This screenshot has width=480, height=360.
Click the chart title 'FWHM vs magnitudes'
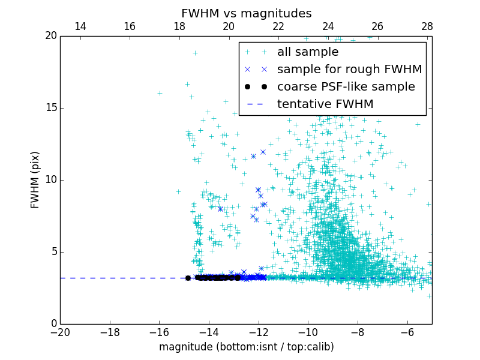pyautogui.click(x=246, y=13)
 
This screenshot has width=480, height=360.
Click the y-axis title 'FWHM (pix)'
pyautogui.click(x=35, y=179)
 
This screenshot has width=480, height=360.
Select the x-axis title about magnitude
pyautogui.click(x=246, y=347)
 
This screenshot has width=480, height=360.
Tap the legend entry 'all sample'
pyautogui.click(x=307, y=52)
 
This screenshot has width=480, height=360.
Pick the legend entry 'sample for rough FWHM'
pyautogui.click(x=349, y=70)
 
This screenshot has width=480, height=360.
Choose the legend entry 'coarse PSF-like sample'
pyautogui.click(x=346, y=87)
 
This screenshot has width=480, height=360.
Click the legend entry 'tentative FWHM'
pyautogui.click(x=325, y=104)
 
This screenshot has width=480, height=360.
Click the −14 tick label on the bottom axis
pyautogui.click(x=208, y=332)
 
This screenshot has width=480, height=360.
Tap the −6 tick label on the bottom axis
pyautogui.click(x=407, y=332)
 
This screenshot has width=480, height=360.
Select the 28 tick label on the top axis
pyautogui.click(x=427, y=26)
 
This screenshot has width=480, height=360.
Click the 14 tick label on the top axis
pyautogui.click(x=80, y=26)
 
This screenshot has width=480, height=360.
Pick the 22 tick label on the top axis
pyautogui.click(x=278, y=26)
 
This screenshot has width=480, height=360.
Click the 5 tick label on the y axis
pyautogui.click(x=53, y=252)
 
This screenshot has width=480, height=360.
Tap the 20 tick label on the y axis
pyautogui.click(x=50, y=36)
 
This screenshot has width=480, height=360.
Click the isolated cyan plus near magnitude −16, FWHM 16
pyautogui.click(x=160, y=93)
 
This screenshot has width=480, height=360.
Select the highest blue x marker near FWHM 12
pyautogui.click(x=263, y=152)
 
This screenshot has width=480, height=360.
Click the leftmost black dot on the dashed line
pyautogui.click(x=188, y=278)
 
